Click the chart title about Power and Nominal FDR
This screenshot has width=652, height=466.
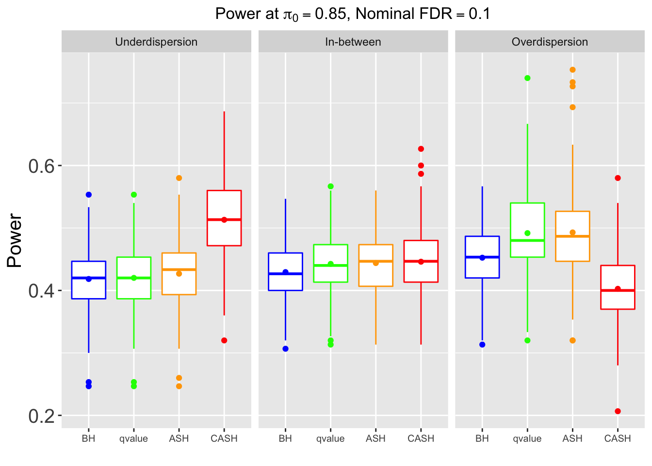click(353, 14)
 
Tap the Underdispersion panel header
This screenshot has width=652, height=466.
click(156, 42)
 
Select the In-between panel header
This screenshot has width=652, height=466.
click(353, 42)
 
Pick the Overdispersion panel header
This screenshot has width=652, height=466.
click(550, 42)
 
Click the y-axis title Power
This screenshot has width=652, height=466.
click(15, 241)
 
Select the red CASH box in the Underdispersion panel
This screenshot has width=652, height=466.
click(224, 218)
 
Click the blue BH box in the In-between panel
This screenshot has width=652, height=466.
click(285, 271)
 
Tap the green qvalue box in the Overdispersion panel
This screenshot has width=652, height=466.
click(527, 230)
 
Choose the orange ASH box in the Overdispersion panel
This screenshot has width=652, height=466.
click(572, 236)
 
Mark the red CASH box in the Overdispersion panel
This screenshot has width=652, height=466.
click(618, 287)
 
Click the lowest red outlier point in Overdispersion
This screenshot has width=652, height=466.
click(618, 411)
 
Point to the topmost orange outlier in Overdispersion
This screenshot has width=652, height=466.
click(572, 70)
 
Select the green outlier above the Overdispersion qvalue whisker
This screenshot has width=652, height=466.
click(527, 78)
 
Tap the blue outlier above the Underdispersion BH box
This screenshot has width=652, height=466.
click(89, 195)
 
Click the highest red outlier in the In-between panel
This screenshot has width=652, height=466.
click(421, 149)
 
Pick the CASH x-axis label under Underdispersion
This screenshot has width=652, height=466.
click(224, 439)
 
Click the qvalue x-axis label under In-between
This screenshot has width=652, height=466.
click(330, 439)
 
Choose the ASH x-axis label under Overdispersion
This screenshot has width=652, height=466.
click(572, 439)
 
